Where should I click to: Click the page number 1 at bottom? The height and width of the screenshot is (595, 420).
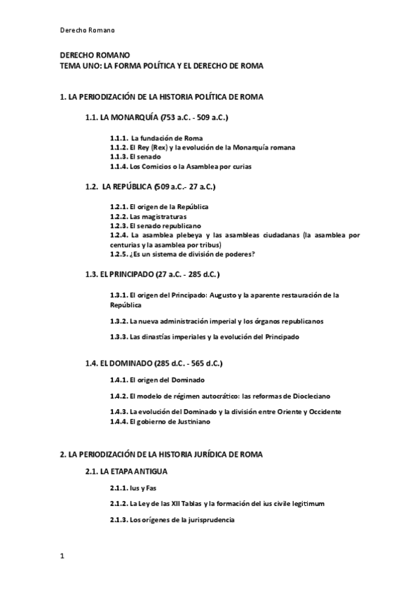pos(62,556)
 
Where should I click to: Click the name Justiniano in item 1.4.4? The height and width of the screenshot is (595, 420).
pos(187,422)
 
